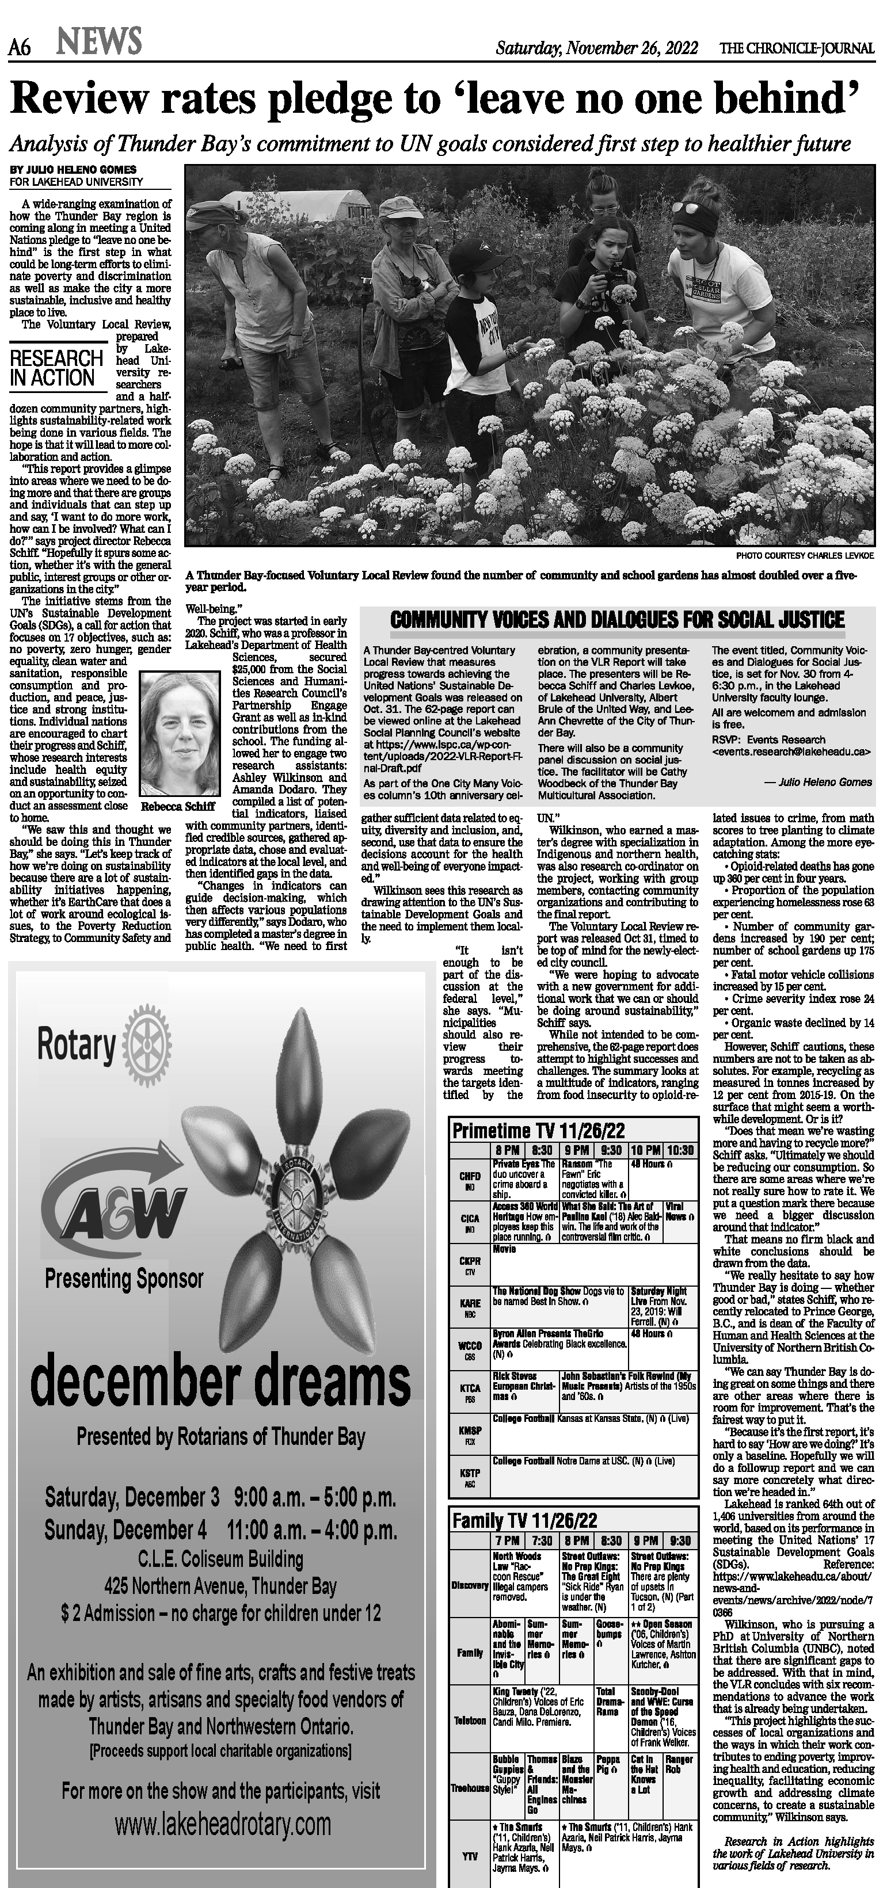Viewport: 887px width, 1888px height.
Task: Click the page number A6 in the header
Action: [19, 48]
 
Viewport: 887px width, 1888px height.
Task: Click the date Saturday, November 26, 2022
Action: [597, 49]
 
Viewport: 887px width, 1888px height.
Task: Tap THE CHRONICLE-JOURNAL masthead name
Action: [797, 49]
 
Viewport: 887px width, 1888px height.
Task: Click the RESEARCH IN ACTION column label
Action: [56, 368]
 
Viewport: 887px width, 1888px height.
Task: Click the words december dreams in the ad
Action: [220, 1382]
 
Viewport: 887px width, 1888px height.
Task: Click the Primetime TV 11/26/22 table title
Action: [539, 1130]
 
